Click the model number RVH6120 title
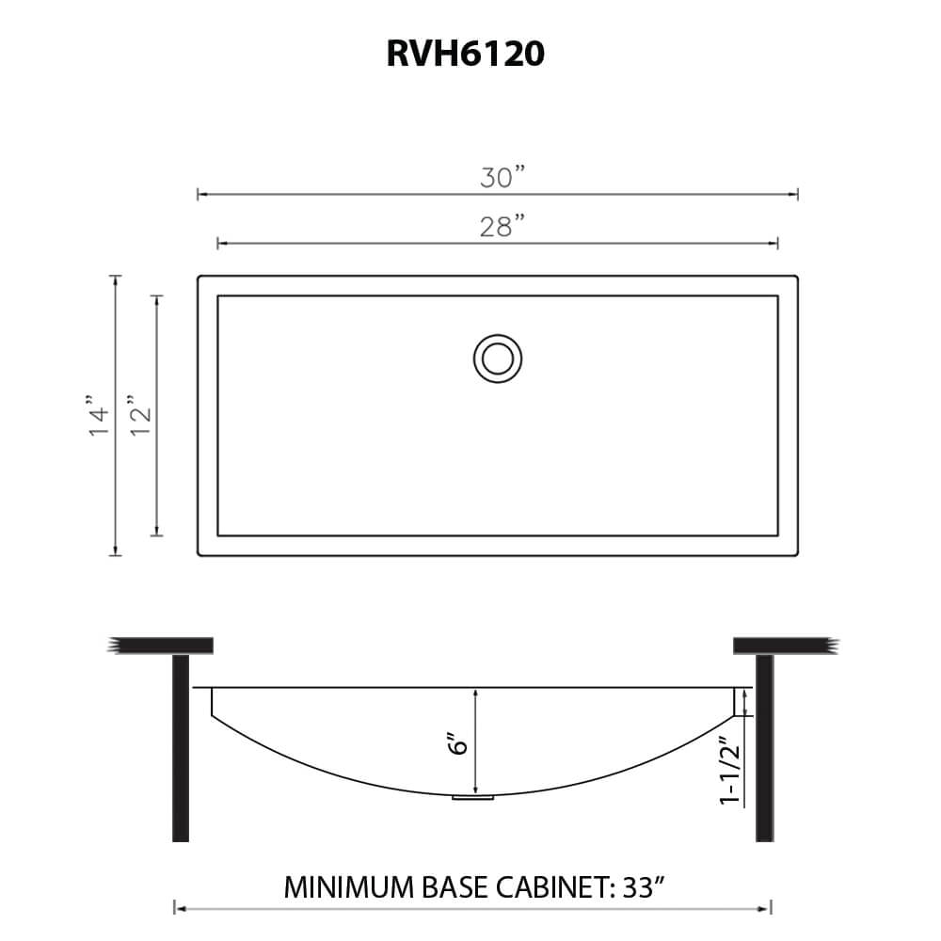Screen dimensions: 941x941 (465, 55)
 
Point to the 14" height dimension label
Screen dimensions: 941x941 (100, 415)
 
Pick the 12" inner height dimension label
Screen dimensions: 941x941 (140, 415)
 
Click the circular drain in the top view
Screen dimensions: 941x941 (497, 359)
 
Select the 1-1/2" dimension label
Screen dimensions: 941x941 (729, 773)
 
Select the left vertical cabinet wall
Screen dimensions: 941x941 (181, 748)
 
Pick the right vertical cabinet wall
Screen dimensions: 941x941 (764, 748)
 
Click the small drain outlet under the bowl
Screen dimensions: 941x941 (473, 798)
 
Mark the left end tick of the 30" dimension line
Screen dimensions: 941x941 (198, 194)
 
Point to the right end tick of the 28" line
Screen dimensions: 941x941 (778, 244)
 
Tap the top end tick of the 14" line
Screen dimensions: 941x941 (116, 276)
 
